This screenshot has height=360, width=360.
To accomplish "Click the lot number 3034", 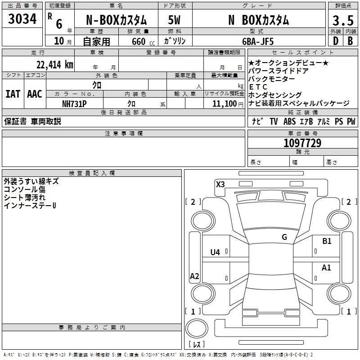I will [x=22, y=20].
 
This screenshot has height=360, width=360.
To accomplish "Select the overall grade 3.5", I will [x=343, y=21].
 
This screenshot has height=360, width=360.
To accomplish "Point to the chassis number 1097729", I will [x=302, y=143].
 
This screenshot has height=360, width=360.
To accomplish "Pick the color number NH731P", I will [x=75, y=103].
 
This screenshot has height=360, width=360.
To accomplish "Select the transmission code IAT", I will [x=13, y=94].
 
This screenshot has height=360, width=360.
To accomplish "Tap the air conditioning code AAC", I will [x=34, y=94].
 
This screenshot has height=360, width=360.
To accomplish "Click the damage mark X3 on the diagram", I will [x=220, y=184].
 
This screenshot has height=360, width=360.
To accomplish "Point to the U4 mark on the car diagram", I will [x=215, y=252].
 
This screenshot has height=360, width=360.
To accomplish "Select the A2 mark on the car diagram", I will [x=194, y=276].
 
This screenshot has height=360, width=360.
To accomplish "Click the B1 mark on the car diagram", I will [x=327, y=241].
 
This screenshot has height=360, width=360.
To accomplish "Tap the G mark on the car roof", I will [x=284, y=237].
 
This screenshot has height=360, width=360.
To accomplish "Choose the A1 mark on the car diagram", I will [x=326, y=268].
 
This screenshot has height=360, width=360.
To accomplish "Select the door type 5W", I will [x=174, y=20].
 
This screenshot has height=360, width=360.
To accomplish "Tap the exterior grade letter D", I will [x=335, y=41].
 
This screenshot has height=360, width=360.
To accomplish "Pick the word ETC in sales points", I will [x=258, y=87].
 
